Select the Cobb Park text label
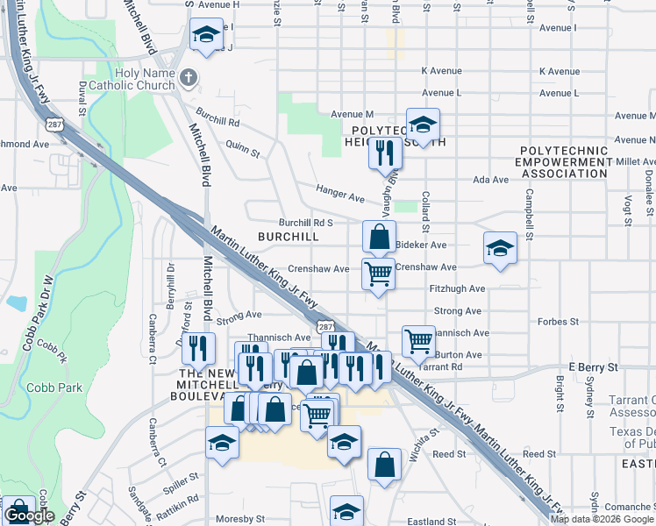pyautogui.click(x=54, y=387)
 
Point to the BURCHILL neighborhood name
pyautogui.click(x=289, y=237)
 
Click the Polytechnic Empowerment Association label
pyautogui.click(x=562, y=162)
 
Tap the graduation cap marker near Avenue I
pyautogui.click(x=207, y=36)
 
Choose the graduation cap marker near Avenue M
pyautogui.click(x=423, y=124)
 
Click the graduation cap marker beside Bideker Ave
pyautogui.click(x=500, y=248)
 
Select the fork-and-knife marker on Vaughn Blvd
pyautogui.click(x=385, y=153)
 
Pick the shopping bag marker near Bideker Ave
pyautogui.click(x=379, y=237)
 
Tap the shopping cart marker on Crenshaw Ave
pyautogui.click(x=379, y=274)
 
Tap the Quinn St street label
pyautogui.click(x=243, y=146)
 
